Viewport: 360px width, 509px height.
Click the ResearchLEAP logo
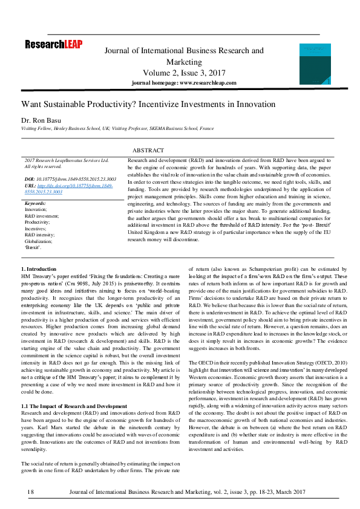click(54, 44)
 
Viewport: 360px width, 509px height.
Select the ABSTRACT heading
click(148, 150)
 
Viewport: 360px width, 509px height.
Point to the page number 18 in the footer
click(30, 493)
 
